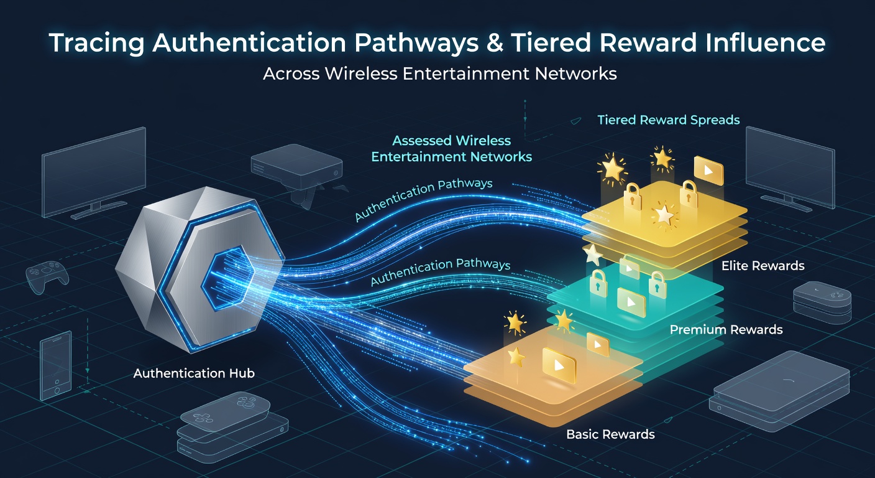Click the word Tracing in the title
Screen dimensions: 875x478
coord(97,43)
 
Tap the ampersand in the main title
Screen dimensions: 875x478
coord(495,43)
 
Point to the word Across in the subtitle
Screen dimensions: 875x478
coord(291,73)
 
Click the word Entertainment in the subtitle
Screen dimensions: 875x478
coord(465,73)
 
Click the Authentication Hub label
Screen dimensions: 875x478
coord(194,373)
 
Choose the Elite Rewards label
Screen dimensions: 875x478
coord(763,266)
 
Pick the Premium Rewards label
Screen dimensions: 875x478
coord(726,330)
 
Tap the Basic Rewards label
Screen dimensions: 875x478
coord(610,434)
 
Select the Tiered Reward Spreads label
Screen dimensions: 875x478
coord(669,119)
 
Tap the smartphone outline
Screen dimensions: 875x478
coord(56,365)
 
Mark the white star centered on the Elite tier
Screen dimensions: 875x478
coord(663,214)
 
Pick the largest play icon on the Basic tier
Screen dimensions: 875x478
coord(559,365)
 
